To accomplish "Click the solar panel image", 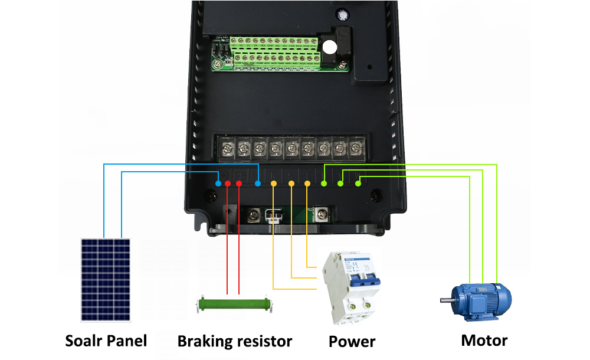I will (x=106, y=279).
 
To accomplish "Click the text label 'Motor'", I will (x=484, y=341).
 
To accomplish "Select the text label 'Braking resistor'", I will (x=235, y=341).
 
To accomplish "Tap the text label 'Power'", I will (x=352, y=342).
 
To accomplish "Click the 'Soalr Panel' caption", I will (x=106, y=341).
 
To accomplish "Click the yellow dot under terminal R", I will (x=273, y=184).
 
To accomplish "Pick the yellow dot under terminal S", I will (x=291, y=184).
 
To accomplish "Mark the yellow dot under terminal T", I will (x=307, y=184).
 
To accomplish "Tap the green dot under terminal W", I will (x=358, y=185).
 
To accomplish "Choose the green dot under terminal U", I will (x=323, y=185).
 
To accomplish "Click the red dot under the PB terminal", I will (x=239, y=184).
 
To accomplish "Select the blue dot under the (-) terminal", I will (x=258, y=184).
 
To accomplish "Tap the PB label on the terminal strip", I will (x=240, y=175).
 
